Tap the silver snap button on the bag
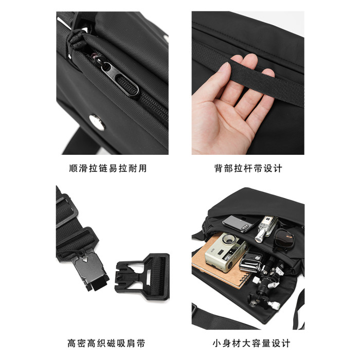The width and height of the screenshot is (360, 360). click(x=97, y=122)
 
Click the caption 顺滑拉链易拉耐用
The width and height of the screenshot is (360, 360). click(x=107, y=168)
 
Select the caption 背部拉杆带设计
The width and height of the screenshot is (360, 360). click(x=248, y=168)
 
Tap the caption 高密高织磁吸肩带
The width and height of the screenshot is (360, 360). click(x=106, y=344)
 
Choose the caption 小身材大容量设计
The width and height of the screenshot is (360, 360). click(x=251, y=344)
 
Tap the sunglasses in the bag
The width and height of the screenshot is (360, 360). click(x=284, y=239)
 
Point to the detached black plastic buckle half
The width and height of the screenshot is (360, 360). click(x=143, y=276)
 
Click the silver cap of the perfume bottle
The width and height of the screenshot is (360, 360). click(x=259, y=236)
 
